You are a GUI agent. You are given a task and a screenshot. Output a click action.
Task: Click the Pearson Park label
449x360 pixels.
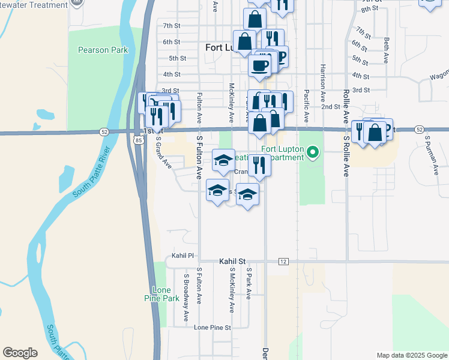point(103,50)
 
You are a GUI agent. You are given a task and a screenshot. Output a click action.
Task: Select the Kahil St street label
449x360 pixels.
point(233,262)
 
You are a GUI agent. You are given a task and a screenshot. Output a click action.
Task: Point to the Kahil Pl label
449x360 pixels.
point(183,256)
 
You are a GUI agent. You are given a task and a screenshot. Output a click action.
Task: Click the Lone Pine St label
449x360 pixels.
point(212,327)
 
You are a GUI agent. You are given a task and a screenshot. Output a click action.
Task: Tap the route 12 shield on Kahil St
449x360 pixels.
point(284,262)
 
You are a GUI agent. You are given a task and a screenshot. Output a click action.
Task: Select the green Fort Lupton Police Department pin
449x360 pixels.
point(312,152)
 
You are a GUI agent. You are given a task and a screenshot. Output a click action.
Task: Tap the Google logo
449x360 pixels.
point(20,353)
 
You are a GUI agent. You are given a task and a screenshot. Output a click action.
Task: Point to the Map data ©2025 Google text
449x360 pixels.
point(411,355)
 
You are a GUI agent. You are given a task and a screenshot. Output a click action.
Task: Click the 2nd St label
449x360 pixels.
point(330,106)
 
